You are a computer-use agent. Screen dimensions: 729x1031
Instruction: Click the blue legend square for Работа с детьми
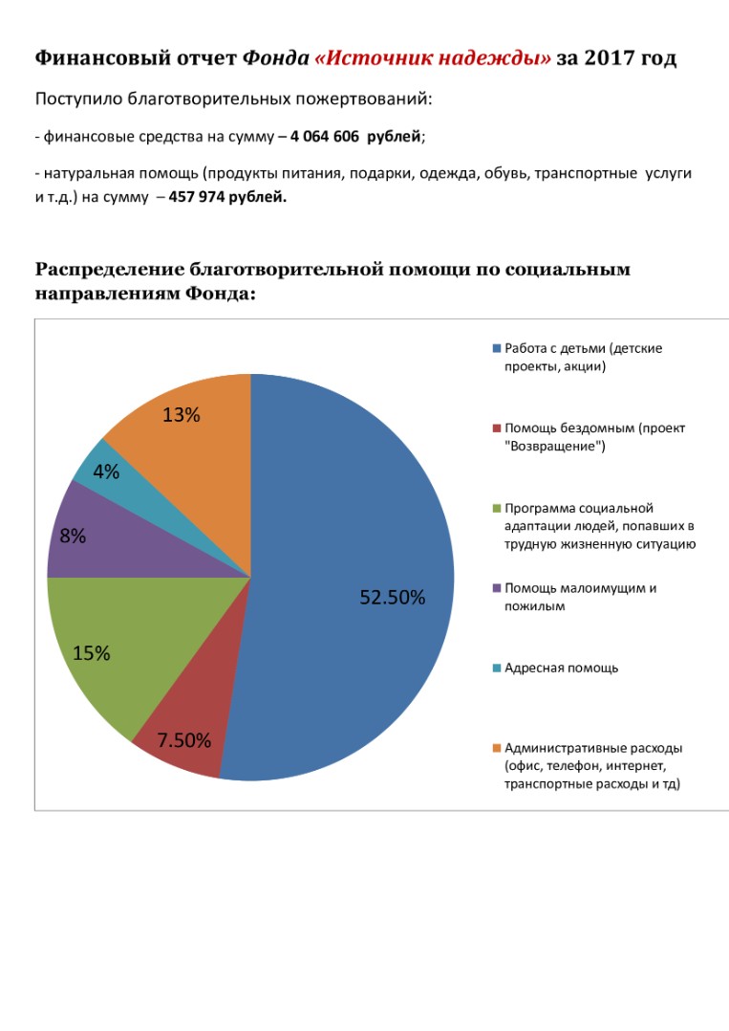497,348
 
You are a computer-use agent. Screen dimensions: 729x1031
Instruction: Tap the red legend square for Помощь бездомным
497,428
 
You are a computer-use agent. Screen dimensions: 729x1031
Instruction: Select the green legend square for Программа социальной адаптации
497,508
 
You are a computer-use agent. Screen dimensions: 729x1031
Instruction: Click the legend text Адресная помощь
562,668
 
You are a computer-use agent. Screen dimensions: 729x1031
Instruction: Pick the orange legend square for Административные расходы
497,748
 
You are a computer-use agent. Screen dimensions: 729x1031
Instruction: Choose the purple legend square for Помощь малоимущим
497,588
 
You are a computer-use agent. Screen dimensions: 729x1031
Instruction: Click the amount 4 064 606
325,137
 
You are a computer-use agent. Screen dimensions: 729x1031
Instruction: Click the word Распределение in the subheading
109,270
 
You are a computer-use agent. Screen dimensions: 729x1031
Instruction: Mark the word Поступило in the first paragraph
78,99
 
